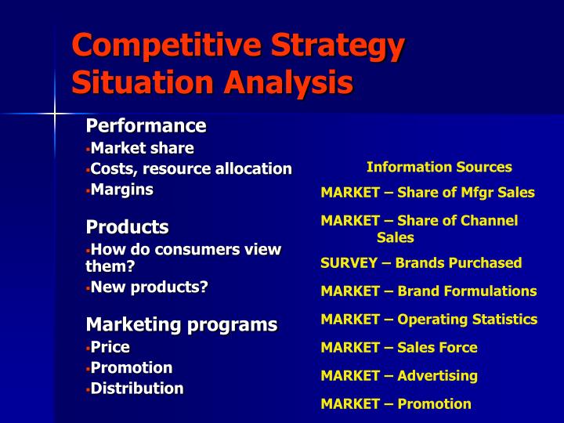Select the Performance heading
pyautogui.click(x=146, y=126)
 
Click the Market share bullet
pyautogui.click(x=142, y=148)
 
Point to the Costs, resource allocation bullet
pyautogui.click(x=190, y=168)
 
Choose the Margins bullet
pyautogui.click(x=121, y=189)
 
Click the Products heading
pyautogui.click(x=127, y=227)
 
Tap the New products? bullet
pyautogui.click(x=149, y=287)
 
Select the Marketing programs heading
pyautogui.click(x=181, y=324)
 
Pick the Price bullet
pyautogui.click(x=110, y=346)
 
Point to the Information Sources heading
pyautogui.click(x=439, y=167)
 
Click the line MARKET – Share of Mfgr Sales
pyautogui.click(x=427, y=193)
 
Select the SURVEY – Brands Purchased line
pyautogui.click(x=421, y=263)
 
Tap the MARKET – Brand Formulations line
pyautogui.click(x=428, y=291)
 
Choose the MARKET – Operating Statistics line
pyautogui.click(x=428, y=320)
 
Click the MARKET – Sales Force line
pyautogui.click(x=399, y=348)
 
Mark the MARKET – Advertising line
pyautogui.click(x=399, y=376)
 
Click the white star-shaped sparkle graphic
pyautogui.click(x=55, y=114)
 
